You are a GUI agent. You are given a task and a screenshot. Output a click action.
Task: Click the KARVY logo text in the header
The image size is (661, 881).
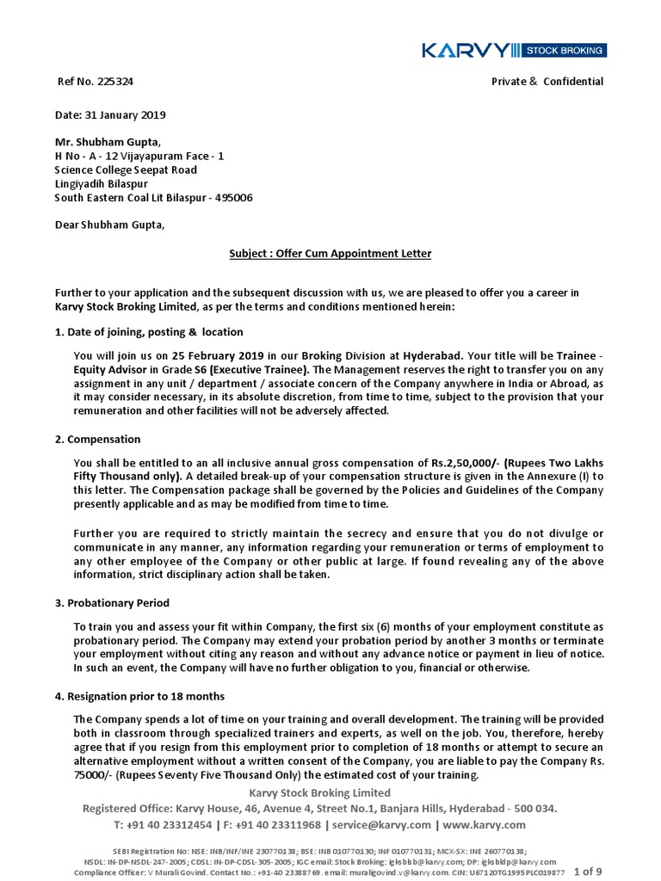click(464, 51)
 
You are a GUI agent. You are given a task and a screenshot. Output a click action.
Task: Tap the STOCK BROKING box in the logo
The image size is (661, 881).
click(564, 51)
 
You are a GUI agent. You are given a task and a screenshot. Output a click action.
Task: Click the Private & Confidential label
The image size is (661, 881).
click(547, 82)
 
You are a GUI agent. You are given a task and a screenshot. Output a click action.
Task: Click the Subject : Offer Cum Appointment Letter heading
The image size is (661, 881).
click(330, 254)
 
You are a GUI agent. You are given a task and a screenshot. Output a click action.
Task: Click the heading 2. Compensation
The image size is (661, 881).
click(97, 440)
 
